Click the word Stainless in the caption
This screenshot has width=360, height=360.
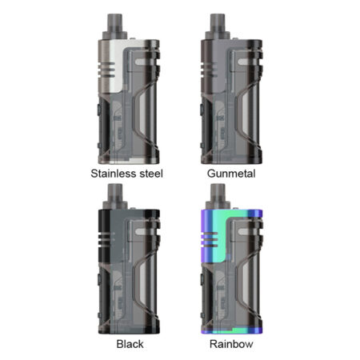tap(114, 174)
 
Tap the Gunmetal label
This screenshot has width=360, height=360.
tap(231, 174)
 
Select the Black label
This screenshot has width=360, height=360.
tap(130, 344)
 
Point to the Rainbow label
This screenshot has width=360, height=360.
tap(231, 344)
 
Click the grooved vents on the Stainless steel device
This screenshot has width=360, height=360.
tap(106, 70)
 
